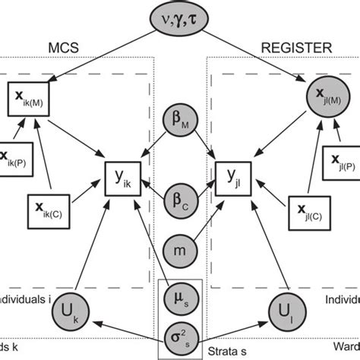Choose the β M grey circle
181,122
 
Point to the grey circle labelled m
181,248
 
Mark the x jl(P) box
343,161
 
